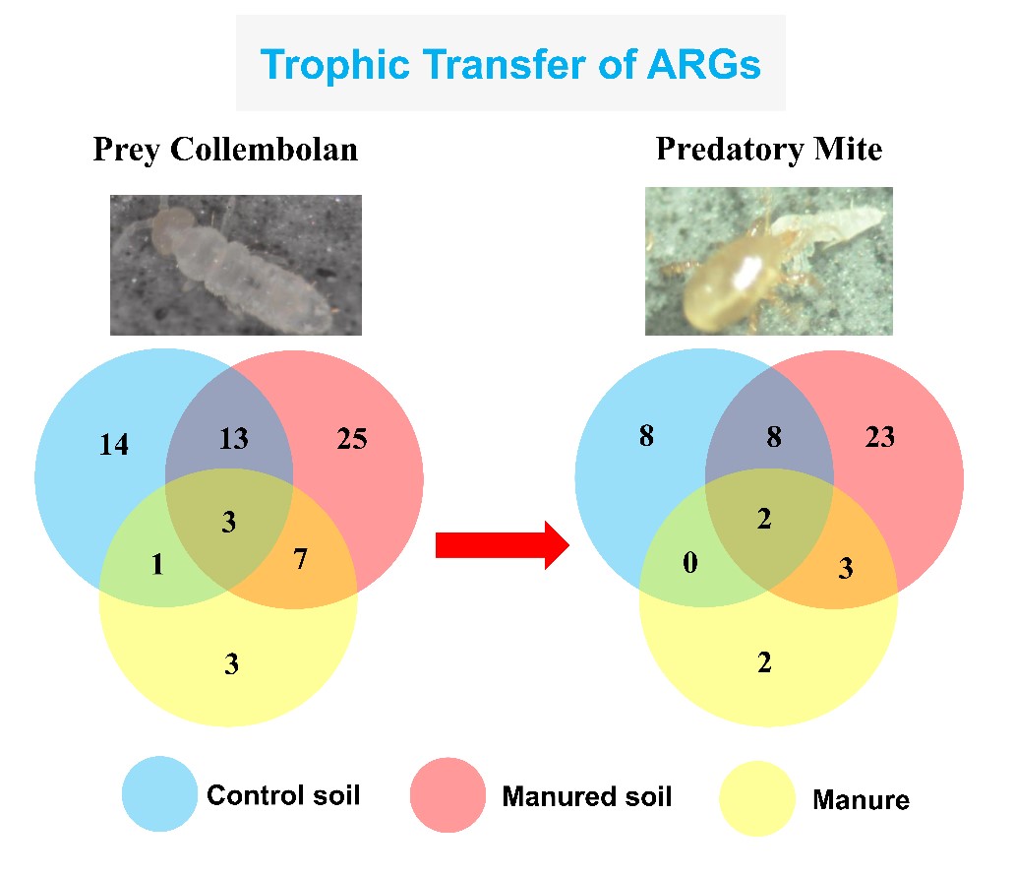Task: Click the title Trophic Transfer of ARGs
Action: click(510, 65)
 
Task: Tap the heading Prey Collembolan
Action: click(225, 151)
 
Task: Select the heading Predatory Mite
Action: click(769, 150)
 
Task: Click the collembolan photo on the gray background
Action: click(235, 265)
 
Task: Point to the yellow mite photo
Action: click(769, 262)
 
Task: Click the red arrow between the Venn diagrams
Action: click(503, 545)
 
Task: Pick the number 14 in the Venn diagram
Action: click(114, 445)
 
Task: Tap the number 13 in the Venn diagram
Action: click(233, 438)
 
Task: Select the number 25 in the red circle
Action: click(352, 439)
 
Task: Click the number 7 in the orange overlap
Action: click(300, 558)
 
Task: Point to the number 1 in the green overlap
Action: click(157, 564)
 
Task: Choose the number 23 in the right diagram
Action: click(880, 437)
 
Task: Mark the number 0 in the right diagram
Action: click(690, 562)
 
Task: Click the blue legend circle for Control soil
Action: click(159, 793)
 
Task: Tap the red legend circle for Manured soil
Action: click(447, 794)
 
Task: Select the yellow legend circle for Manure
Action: click(756, 798)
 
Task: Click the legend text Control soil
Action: click(283, 794)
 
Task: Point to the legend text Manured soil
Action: click(587, 796)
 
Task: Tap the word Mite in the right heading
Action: click(849, 150)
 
